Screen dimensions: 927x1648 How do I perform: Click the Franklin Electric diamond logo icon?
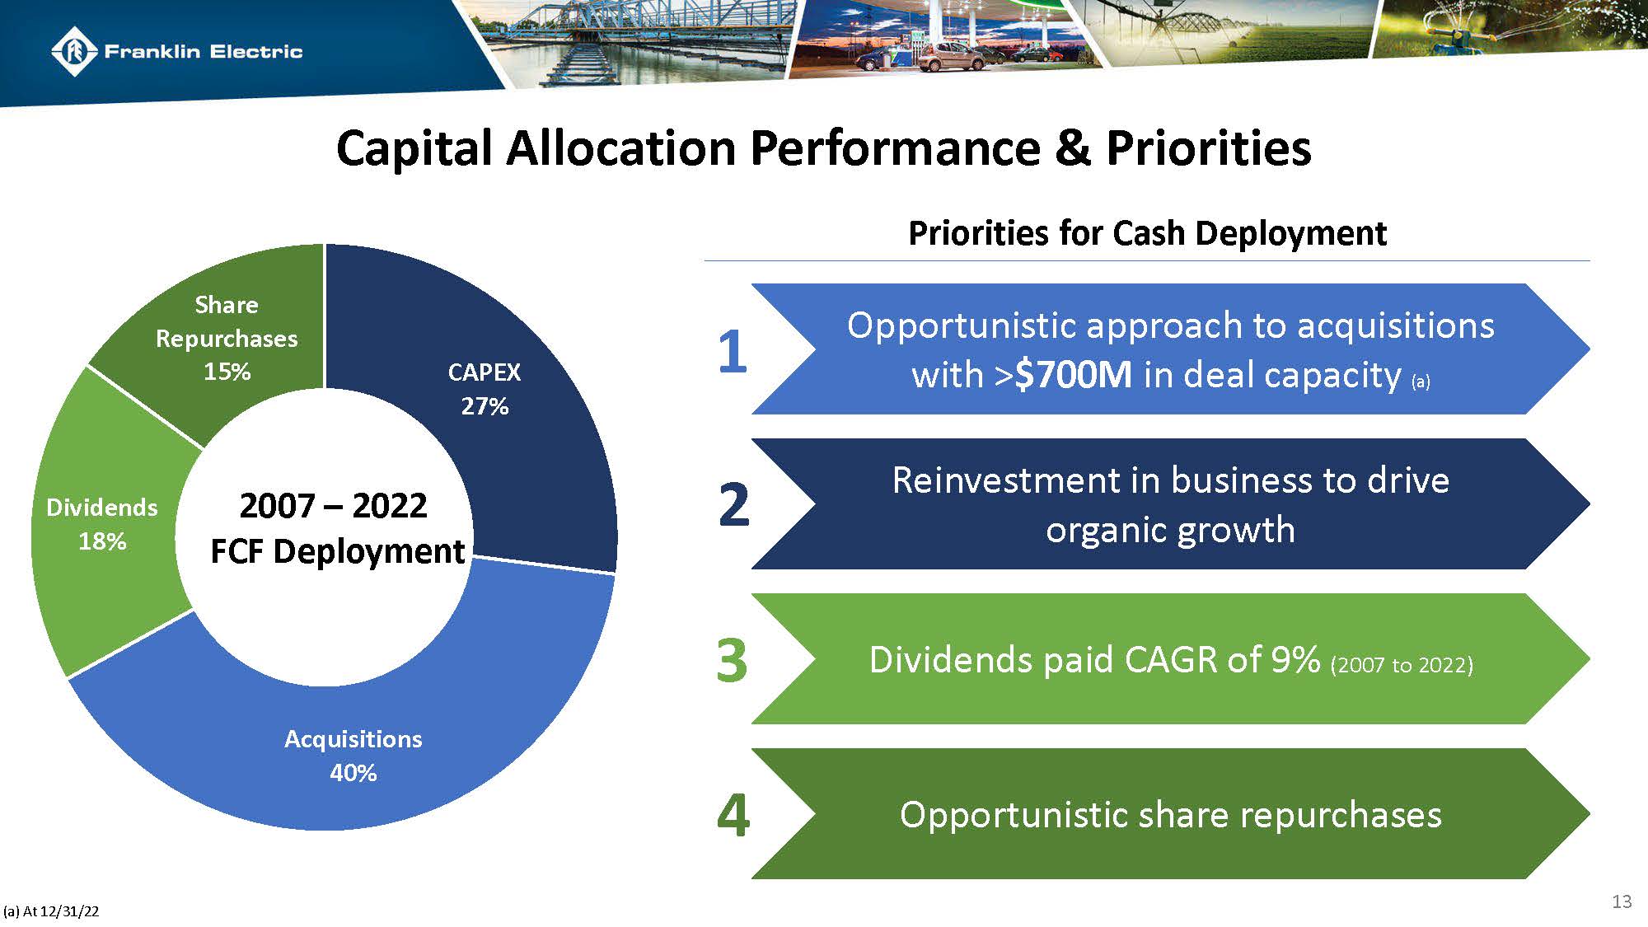click(x=75, y=51)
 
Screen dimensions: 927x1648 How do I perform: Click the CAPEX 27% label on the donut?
click(x=484, y=389)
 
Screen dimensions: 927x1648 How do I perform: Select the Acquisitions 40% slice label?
click(x=353, y=756)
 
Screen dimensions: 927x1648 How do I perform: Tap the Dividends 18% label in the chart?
click(x=102, y=524)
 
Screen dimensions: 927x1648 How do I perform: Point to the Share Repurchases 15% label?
click(x=227, y=338)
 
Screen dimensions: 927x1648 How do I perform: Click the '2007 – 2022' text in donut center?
click(x=333, y=505)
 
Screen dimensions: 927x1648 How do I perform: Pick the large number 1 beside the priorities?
click(x=732, y=353)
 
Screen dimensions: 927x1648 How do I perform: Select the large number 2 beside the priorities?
click(x=733, y=504)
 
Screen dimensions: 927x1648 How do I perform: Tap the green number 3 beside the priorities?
click(x=732, y=660)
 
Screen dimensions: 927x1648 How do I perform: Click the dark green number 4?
click(x=733, y=815)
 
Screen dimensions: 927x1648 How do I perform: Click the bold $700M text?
click(x=1073, y=375)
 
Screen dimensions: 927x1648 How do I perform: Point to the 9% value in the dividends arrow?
click(x=1295, y=659)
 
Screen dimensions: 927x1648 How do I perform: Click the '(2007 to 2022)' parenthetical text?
click(x=1402, y=664)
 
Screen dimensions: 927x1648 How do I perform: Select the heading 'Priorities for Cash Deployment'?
click(x=1147, y=233)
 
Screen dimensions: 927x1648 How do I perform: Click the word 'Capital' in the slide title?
click(x=414, y=148)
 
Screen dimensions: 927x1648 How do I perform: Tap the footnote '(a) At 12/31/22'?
click(x=51, y=911)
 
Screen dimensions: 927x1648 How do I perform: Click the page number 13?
click(x=1621, y=901)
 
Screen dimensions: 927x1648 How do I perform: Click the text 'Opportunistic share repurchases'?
click(x=1170, y=815)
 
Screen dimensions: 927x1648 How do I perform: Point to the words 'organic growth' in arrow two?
click(x=1170, y=530)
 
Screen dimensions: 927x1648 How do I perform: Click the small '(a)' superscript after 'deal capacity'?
click(x=1421, y=382)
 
